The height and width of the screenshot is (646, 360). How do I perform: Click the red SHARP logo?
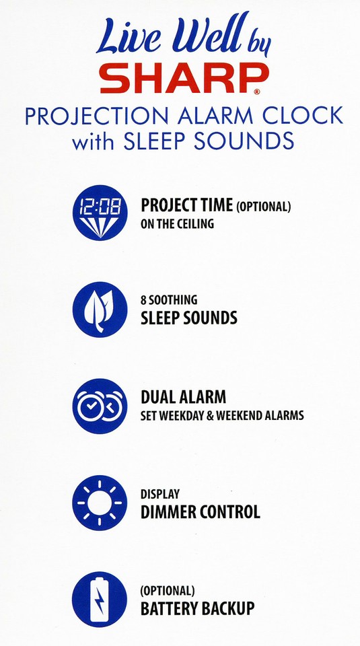(x=179, y=80)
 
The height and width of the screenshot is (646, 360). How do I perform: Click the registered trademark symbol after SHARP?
(x=256, y=91)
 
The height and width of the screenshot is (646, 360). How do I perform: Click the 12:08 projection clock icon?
(x=100, y=213)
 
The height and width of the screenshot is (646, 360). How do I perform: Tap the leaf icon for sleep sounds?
(x=100, y=310)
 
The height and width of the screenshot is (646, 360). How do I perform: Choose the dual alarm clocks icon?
(x=100, y=406)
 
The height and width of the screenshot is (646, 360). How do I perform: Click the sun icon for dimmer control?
(x=100, y=503)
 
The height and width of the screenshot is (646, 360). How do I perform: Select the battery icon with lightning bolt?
(x=100, y=600)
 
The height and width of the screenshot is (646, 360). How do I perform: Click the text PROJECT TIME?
(x=186, y=207)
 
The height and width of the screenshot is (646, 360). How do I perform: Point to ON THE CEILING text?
(x=177, y=225)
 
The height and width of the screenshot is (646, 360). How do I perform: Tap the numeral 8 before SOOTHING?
(x=144, y=300)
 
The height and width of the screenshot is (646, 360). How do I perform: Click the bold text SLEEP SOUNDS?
(x=188, y=318)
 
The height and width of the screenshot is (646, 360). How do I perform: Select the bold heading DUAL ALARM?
(x=183, y=397)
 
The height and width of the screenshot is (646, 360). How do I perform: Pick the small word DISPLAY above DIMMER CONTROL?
(x=160, y=494)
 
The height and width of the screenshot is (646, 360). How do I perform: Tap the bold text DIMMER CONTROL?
(x=200, y=511)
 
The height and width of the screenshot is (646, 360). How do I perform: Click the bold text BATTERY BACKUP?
(x=197, y=608)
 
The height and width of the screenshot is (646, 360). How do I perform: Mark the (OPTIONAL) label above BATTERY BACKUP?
(x=168, y=591)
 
